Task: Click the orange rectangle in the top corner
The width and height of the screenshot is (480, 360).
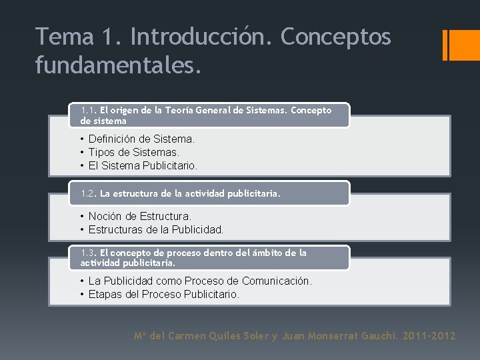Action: (459, 45)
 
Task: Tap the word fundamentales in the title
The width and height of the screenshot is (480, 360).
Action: (117, 65)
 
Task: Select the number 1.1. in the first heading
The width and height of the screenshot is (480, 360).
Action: (89, 110)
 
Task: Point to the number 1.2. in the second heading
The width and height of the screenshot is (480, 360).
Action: (89, 194)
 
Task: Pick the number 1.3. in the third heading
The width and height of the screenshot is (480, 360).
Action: (89, 253)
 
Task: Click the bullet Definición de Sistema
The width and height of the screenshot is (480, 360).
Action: (142, 139)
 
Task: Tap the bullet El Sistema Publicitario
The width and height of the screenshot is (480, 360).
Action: (143, 165)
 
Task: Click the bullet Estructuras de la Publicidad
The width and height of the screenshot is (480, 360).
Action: (156, 229)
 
